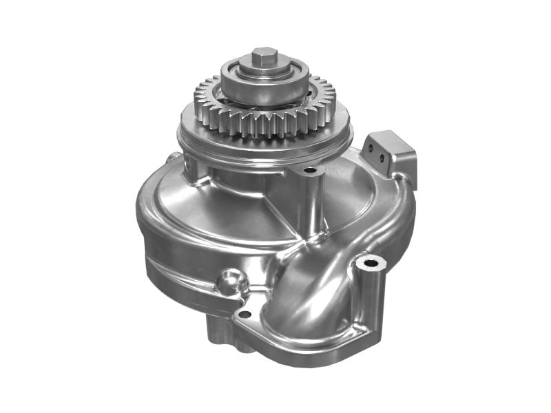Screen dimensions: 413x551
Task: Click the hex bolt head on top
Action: click(264, 56)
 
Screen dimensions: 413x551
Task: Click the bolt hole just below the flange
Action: click(310, 170)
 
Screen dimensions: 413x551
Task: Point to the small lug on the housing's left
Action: click(169, 160)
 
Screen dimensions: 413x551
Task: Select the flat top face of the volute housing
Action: click(207, 213)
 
